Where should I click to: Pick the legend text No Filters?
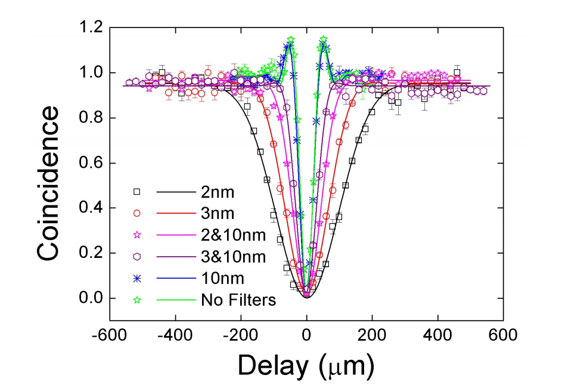[x=238, y=300]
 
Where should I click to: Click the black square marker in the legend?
[x=137, y=192]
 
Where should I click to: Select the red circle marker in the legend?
[x=137, y=213]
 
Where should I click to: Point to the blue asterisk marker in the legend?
[x=137, y=278]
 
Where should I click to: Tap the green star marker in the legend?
[x=137, y=300]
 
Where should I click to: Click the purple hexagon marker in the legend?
[x=137, y=257]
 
